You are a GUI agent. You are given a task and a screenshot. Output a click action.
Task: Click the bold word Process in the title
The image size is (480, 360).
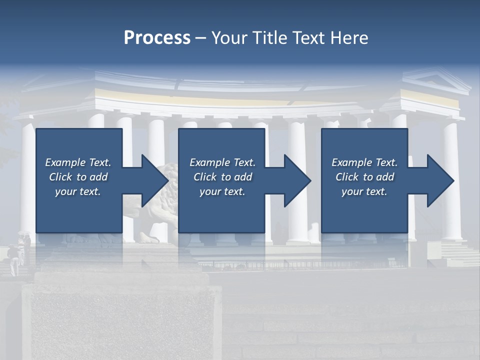click(157, 38)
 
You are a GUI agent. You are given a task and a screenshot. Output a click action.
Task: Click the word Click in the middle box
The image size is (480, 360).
click(205, 177)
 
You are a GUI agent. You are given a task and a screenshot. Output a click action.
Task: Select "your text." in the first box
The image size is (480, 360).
click(78, 191)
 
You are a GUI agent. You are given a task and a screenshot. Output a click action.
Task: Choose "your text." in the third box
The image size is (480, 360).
click(364, 191)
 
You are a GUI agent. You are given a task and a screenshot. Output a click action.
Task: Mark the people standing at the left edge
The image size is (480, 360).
click(17, 252)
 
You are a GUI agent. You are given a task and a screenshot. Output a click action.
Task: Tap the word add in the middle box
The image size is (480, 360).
click(243, 177)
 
